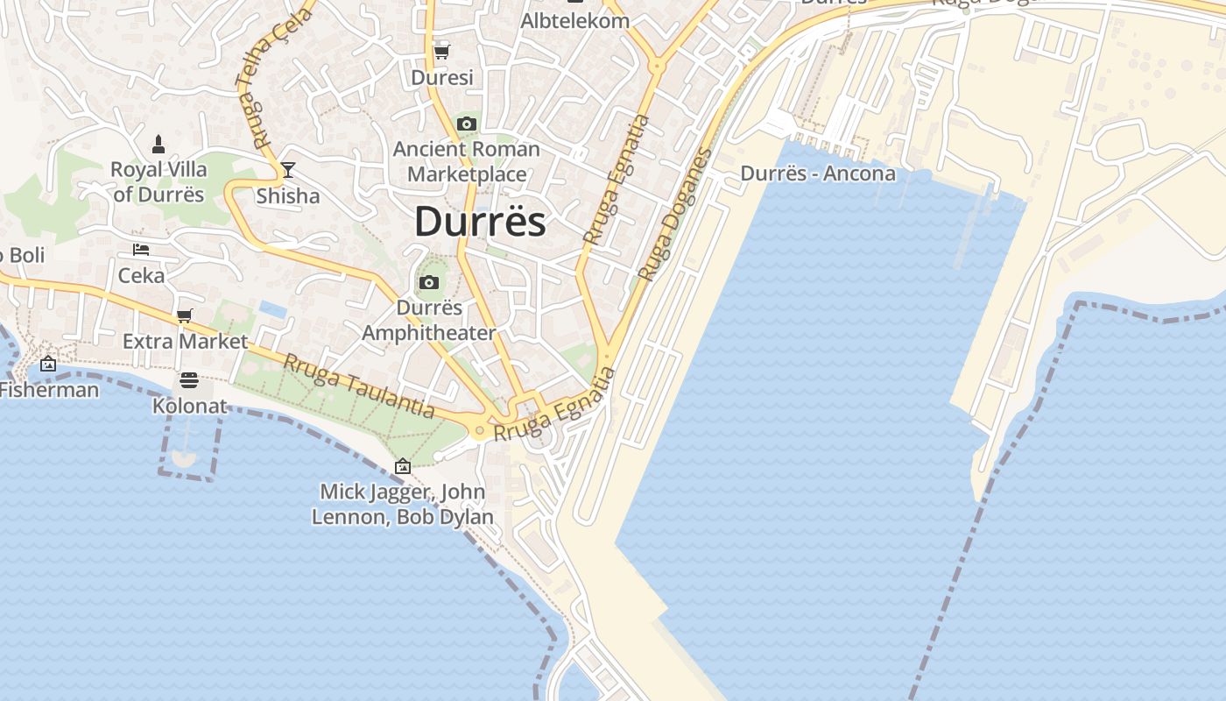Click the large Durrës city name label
(480, 222)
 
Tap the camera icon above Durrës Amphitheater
(429, 282)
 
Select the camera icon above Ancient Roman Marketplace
(467, 124)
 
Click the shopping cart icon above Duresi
(442, 52)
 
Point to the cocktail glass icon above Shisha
(287, 170)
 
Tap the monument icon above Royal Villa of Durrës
(159, 144)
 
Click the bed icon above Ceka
(141, 250)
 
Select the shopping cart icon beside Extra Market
(184, 315)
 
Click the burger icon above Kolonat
(189, 380)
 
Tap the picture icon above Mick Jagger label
(403, 466)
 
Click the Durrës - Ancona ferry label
(818, 173)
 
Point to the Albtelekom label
(574, 21)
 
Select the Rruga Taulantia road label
(359, 386)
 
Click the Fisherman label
(49, 390)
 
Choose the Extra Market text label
(185, 341)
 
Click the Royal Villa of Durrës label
(159, 181)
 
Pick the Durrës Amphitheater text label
(429, 321)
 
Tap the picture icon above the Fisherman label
(48, 365)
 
